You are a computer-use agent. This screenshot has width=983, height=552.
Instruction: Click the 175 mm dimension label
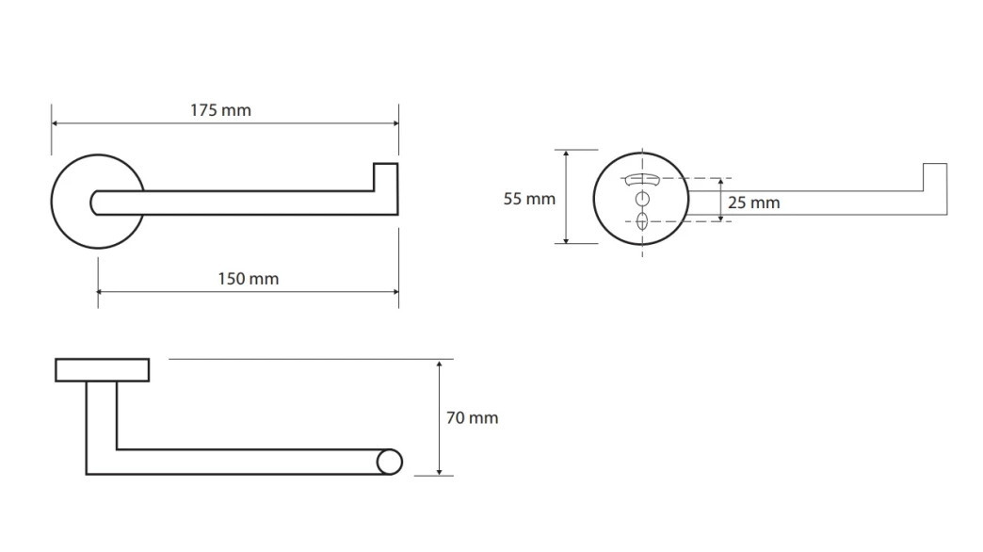point(220,110)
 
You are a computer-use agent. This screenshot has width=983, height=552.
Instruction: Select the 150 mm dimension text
point(249,279)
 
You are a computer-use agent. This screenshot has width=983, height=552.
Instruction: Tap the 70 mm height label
point(472,417)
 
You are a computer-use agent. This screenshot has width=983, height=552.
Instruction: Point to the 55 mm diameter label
point(529,199)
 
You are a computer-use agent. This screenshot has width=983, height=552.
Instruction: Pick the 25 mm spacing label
point(753,203)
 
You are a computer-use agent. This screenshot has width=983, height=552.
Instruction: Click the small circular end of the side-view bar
point(389,463)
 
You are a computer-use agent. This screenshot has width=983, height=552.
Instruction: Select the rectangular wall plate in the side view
point(103,370)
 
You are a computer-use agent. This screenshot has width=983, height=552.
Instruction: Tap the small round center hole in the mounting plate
point(642,200)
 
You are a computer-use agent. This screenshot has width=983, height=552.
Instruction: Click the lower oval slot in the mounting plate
point(642,220)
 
